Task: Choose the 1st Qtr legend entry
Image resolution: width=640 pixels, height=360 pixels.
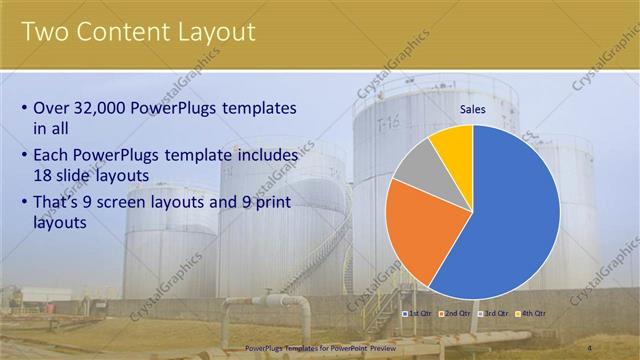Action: coord(418,313)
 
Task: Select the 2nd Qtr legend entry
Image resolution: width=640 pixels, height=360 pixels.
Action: coord(455,313)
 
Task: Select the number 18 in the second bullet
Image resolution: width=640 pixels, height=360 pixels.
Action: coord(44,175)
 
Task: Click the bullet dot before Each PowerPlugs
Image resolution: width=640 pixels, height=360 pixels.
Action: coord(24,157)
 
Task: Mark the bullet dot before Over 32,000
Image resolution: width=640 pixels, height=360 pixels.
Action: coord(24,108)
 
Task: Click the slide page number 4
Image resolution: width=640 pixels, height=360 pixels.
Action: coord(618,348)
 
